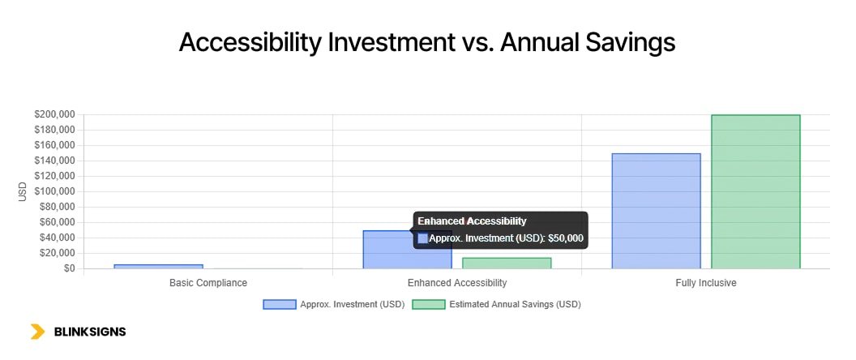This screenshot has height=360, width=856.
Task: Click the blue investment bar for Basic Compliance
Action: point(158,266)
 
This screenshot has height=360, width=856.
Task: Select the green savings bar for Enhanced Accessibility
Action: point(507,263)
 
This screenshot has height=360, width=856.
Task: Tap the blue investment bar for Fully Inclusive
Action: point(656,211)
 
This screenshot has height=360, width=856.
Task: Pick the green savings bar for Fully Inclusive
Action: point(755,191)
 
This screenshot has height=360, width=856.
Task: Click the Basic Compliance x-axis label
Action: point(208,283)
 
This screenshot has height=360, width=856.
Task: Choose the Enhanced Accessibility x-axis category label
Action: point(457,283)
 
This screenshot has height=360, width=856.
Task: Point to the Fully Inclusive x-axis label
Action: point(705,283)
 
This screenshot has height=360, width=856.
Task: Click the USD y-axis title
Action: point(23,192)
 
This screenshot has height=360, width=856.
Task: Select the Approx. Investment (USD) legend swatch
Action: point(280,305)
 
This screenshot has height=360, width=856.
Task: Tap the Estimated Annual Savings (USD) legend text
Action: point(515,305)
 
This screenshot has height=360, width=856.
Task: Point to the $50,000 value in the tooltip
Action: point(566,238)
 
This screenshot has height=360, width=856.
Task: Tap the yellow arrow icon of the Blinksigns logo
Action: point(37,332)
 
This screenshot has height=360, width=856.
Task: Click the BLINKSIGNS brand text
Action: point(89,332)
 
